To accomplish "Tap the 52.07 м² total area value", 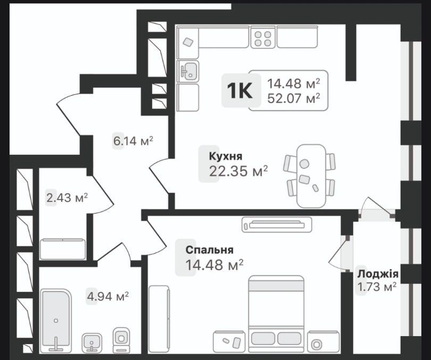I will coord(293,98).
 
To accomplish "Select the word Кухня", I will coord(226,156).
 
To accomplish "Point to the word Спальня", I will coord(209,250).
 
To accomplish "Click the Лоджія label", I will coord(378,274).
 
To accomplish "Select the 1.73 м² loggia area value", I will coord(377,288).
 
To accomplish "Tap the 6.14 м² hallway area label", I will coord(132,141).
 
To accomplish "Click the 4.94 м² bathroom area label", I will coord(107,296).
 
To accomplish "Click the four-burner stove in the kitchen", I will coord(262,37).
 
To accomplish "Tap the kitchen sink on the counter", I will coord(188,70).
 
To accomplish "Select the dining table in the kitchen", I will coord(311,176).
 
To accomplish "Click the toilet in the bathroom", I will coord(121,339).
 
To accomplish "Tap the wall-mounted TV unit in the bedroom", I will coord(276,224).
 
